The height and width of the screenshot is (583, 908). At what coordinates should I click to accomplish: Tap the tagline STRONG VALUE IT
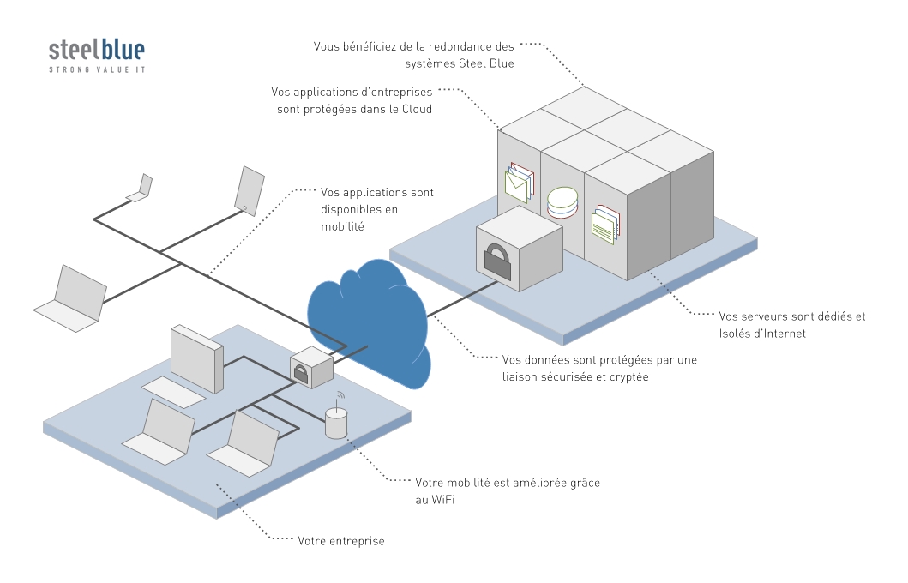pyautogui.click(x=96, y=69)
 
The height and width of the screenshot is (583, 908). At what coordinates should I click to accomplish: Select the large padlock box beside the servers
pyautogui.click(x=519, y=249)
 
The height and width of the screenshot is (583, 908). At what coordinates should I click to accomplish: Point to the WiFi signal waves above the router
pyautogui.click(x=340, y=396)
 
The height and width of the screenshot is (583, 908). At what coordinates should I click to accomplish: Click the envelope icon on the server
pyautogui.click(x=519, y=182)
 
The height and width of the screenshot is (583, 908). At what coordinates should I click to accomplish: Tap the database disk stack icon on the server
pyautogui.click(x=562, y=203)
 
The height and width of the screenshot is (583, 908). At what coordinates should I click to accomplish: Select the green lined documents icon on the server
pyautogui.click(x=605, y=224)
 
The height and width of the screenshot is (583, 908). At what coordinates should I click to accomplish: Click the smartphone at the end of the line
pyautogui.click(x=141, y=189)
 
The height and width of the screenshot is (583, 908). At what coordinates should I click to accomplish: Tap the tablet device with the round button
pyautogui.click(x=249, y=189)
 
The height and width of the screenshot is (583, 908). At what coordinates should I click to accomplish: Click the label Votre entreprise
pyautogui.click(x=340, y=541)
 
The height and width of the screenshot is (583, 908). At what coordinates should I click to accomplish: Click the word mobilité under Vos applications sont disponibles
pyautogui.click(x=342, y=226)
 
